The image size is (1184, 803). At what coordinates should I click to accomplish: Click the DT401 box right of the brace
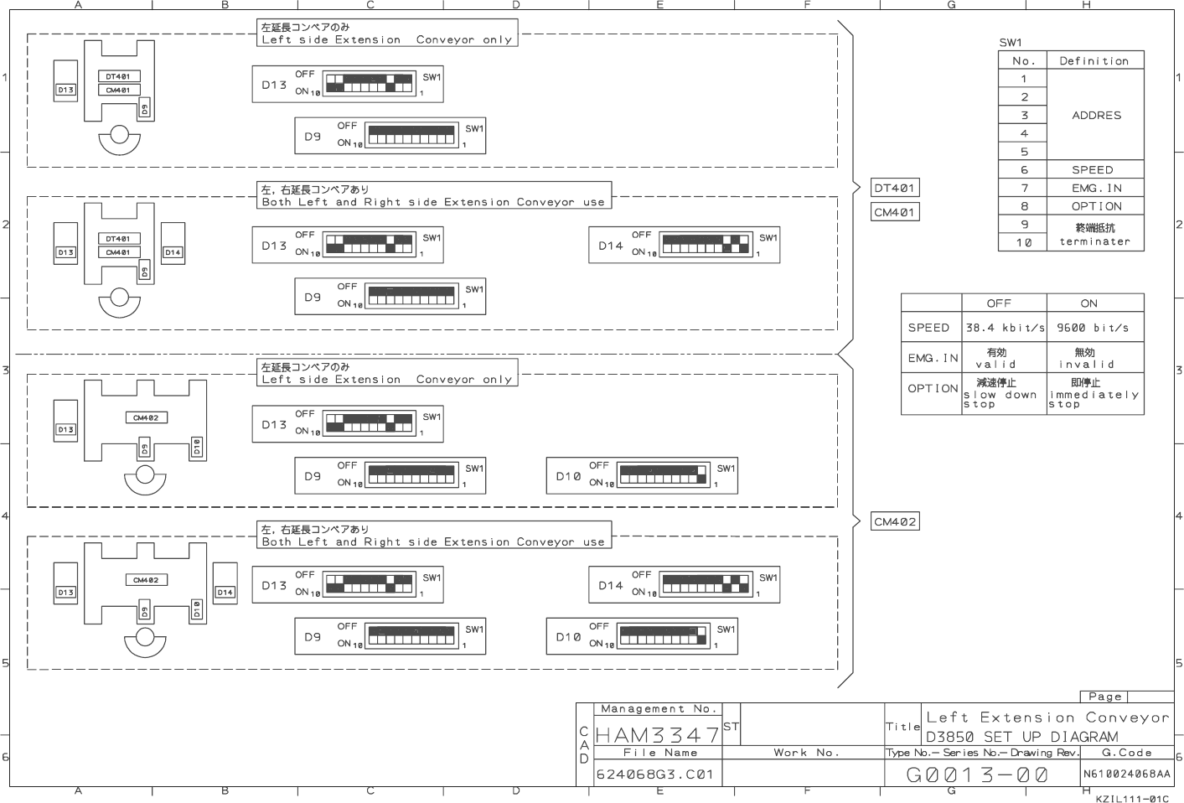[x=894, y=188]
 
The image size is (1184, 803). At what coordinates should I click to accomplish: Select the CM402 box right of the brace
[x=895, y=521]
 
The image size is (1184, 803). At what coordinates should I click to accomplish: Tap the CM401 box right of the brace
[x=894, y=212]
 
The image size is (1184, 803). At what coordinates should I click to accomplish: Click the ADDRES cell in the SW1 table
[x=1095, y=115]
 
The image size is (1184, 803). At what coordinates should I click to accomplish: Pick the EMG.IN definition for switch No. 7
[x=1095, y=188]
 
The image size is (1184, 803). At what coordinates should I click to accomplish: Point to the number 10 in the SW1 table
[x=1023, y=242]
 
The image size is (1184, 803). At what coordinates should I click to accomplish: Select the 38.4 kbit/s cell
[x=1004, y=328]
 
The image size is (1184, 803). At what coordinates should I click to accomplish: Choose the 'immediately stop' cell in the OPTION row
[x=1094, y=394]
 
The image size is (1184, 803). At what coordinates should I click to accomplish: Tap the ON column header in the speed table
[x=1088, y=303]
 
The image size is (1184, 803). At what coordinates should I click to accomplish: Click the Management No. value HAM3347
[x=657, y=735]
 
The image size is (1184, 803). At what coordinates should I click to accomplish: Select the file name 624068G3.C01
[x=654, y=775]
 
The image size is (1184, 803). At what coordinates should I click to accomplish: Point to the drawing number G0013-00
[x=977, y=775]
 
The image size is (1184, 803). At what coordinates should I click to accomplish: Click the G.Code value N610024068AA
[x=1126, y=774]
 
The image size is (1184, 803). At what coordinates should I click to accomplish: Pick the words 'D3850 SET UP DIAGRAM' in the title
[x=1021, y=737]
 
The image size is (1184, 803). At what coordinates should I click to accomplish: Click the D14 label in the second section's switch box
[x=610, y=246]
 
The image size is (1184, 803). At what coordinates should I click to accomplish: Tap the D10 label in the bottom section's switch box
[x=568, y=637]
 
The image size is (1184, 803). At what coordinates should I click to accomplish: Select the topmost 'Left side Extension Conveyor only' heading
[x=386, y=39]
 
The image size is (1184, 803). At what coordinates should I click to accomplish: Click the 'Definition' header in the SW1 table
[x=1094, y=60]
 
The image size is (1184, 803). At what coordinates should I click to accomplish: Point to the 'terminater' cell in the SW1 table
[x=1094, y=241]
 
